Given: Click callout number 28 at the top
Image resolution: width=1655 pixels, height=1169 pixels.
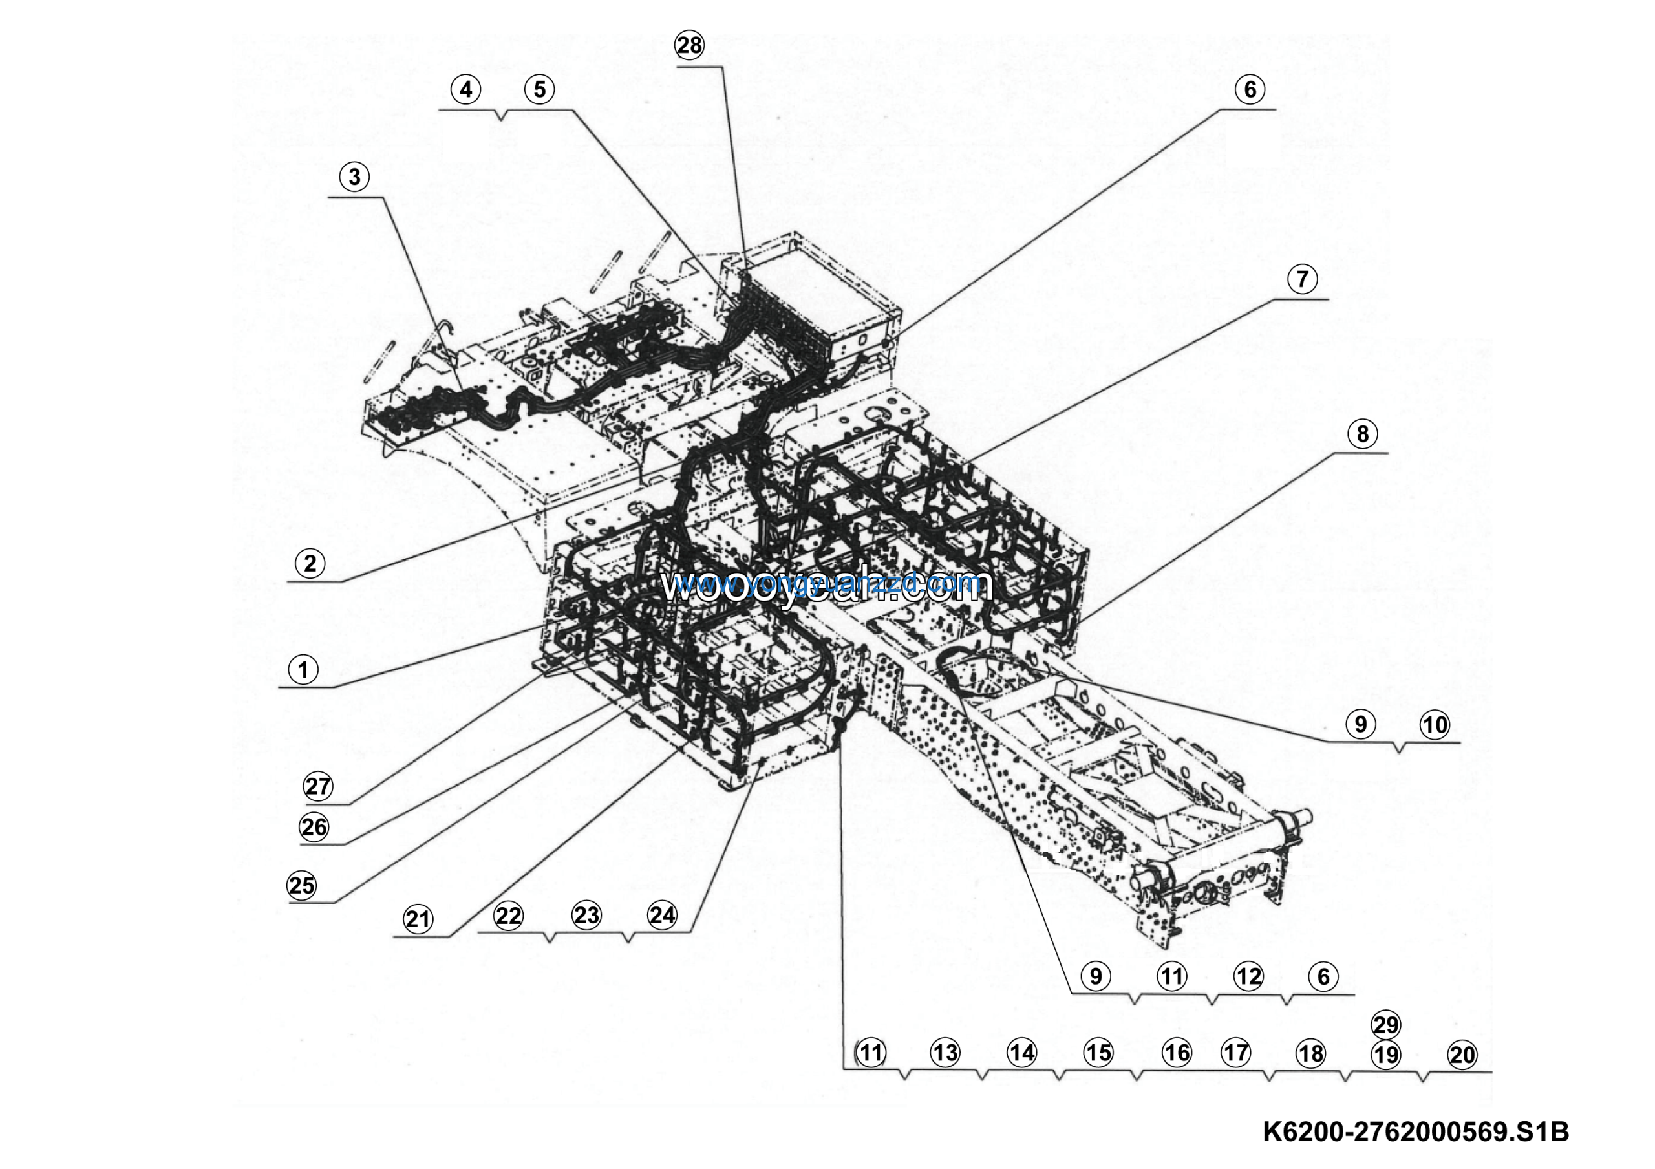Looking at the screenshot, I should tap(689, 45).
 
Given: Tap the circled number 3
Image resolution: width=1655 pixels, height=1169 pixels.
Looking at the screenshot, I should tap(354, 177).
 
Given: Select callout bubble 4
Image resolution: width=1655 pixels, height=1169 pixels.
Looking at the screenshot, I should tap(465, 89).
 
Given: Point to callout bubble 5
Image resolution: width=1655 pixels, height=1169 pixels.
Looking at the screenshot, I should tap(540, 89).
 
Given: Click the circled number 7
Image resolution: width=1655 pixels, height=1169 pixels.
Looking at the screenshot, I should tap(1302, 279).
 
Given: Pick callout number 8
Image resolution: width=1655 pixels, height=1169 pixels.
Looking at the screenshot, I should tap(1361, 434).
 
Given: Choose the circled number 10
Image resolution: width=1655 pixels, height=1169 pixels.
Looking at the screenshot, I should tap(1435, 724).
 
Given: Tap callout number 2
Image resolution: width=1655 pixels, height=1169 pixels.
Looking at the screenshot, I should tap(310, 563).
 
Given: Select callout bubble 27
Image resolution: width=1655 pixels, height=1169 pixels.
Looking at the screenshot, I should tap(318, 786).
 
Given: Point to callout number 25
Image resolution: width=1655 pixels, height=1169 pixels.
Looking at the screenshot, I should tap(301, 885).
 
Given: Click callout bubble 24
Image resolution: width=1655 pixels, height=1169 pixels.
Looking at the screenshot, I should tap(663, 916).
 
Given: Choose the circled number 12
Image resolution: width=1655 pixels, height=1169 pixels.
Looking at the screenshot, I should tap(1248, 976).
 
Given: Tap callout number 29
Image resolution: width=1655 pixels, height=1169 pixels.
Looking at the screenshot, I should tap(1385, 1024).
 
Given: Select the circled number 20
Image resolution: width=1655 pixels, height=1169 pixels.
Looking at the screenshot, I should tap(1462, 1055).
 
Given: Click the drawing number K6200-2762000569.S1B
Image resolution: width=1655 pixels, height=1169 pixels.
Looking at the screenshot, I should tap(1416, 1131).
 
